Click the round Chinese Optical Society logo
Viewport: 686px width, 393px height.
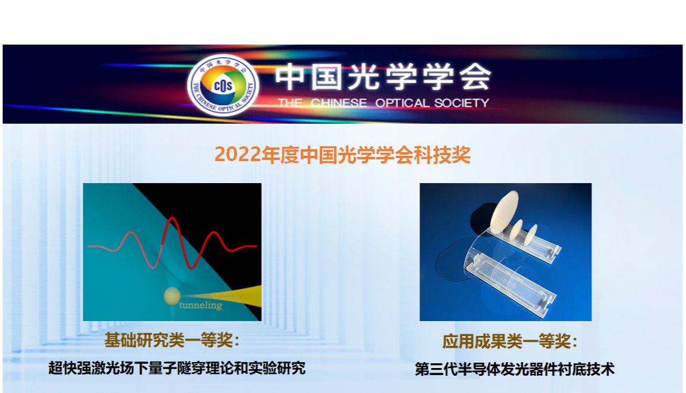[x=223, y=85]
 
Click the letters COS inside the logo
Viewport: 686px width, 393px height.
[x=223, y=85]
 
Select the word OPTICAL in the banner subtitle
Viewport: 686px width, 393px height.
[x=402, y=103]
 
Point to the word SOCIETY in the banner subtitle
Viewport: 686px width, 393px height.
[x=462, y=103]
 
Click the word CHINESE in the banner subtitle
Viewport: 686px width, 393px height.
[x=339, y=103]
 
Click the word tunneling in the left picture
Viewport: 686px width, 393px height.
[x=201, y=304]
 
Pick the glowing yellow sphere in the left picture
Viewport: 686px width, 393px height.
[x=172, y=296]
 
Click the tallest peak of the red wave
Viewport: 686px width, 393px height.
[x=172, y=218]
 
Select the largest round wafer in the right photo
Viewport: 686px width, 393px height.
[x=504, y=212]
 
